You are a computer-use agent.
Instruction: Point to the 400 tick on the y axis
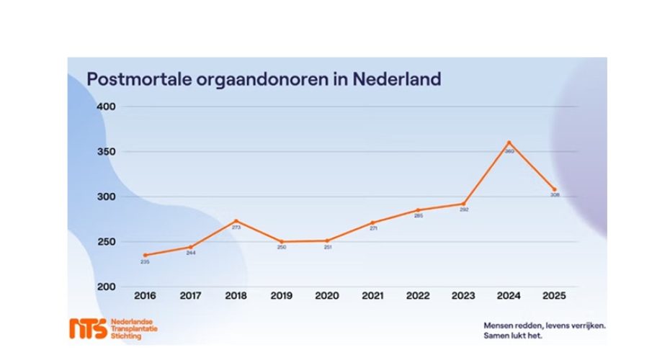106,107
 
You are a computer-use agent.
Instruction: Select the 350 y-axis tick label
106,152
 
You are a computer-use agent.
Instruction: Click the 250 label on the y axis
106,242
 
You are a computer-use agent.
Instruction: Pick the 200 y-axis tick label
106,287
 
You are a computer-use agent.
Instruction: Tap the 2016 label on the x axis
146,295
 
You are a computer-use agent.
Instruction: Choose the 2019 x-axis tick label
282,295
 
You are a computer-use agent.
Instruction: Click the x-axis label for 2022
418,295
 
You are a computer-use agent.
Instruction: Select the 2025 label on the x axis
554,295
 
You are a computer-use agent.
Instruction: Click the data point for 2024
509,143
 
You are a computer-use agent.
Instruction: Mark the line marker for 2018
236,221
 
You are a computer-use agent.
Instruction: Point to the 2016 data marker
146,255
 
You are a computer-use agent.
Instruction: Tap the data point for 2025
554,189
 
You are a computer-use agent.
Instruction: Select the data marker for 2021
372,222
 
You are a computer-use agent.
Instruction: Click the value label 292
464,210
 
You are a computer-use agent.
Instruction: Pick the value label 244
191,253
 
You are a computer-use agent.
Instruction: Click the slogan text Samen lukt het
512,335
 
